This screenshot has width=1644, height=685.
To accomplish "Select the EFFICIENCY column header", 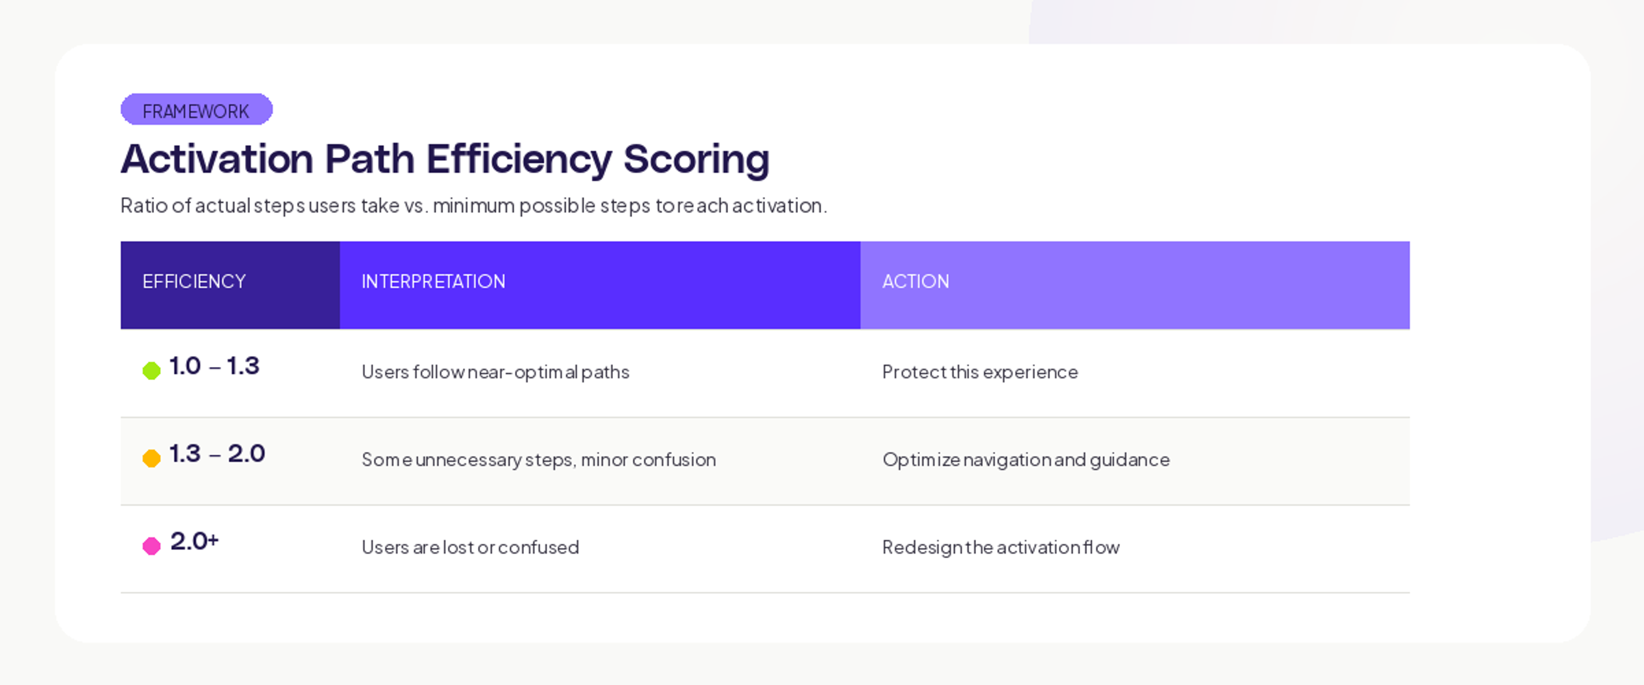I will pyautogui.click(x=194, y=282).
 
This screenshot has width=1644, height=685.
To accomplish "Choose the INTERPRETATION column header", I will pyautogui.click(x=433, y=282).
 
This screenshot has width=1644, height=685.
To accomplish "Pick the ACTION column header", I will pyautogui.click(x=915, y=282).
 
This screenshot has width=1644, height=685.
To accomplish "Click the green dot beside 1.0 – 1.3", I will pyautogui.click(x=151, y=370).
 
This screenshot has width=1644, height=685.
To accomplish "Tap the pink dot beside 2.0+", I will pyautogui.click(x=151, y=546).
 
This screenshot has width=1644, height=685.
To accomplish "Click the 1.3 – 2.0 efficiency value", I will pyautogui.click(x=217, y=454).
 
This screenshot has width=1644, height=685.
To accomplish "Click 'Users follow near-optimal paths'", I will pyautogui.click(x=495, y=372).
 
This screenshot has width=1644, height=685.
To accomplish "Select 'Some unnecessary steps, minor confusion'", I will pyautogui.click(x=539, y=460).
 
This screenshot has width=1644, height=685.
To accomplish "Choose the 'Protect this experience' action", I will pyautogui.click(x=980, y=372).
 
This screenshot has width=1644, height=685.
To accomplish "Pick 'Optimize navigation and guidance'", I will pyautogui.click(x=1026, y=460).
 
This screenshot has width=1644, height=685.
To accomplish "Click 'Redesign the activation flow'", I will pyautogui.click(x=1001, y=547).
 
